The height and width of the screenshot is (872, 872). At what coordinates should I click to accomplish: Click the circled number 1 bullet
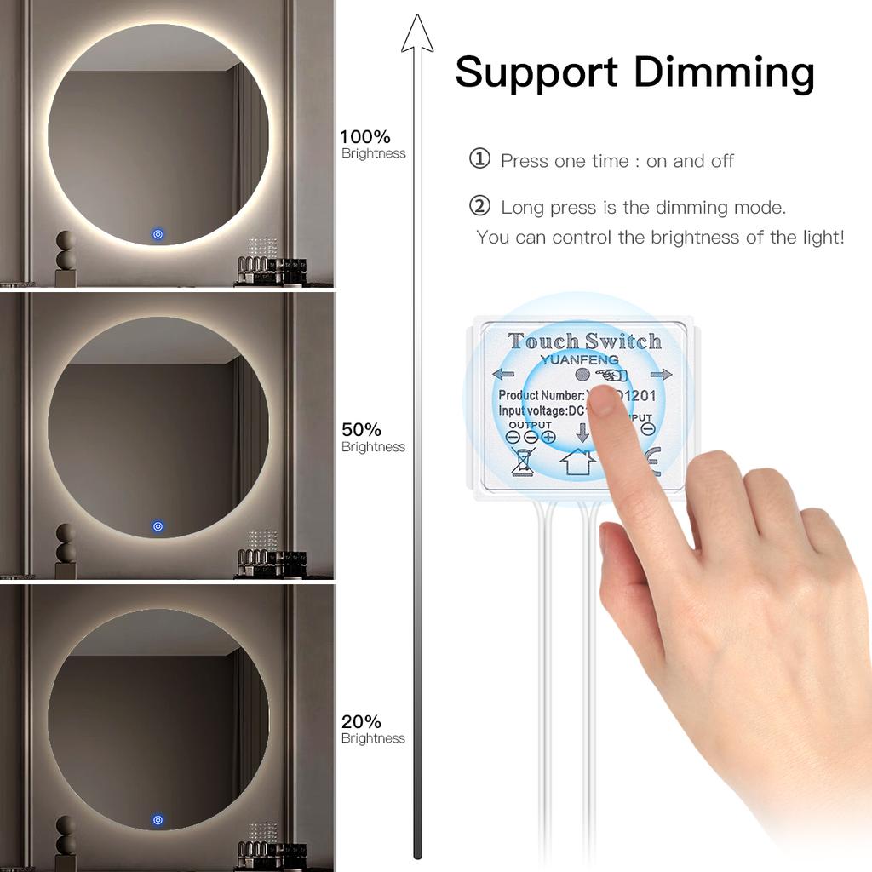(x=480, y=159)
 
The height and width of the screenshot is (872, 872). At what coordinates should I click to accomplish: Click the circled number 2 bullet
(x=480, y=206)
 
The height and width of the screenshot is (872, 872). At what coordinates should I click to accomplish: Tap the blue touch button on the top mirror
(x=158, y=233)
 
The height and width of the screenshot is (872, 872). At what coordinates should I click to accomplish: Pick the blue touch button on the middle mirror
(x=158, y=526)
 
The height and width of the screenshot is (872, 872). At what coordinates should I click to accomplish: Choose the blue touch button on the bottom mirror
(x=158, y=819)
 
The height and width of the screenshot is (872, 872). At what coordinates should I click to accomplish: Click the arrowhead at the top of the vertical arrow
(x=417, y=34)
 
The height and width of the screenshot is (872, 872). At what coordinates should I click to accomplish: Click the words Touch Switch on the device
(x=584, y=341)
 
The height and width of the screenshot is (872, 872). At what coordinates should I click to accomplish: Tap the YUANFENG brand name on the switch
(x=580, y=359)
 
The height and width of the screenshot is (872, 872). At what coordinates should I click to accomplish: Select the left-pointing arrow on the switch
(x=503, y=374)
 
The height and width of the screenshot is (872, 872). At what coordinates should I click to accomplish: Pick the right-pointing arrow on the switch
(x=661, y=374)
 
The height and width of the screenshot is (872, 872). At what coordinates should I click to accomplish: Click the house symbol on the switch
(x=577, y=462)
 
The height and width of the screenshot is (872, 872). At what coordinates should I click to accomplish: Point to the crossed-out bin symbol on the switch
(x=522, y=461)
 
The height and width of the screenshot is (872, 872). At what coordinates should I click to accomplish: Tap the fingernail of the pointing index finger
(x=604, y=399)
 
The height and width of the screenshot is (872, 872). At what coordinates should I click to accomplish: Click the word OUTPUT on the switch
(x=530, y=424)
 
